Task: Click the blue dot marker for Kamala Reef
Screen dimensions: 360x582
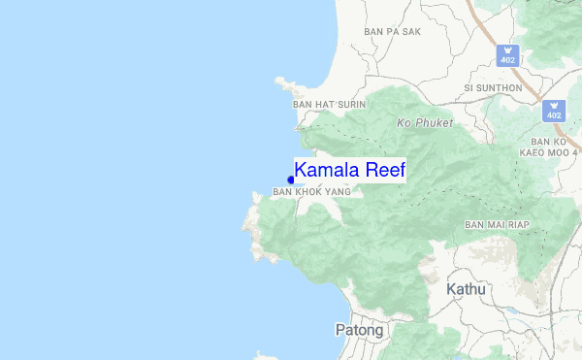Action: click(x=291, y=180)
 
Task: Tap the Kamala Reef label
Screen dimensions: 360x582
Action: click(x=349, y=171)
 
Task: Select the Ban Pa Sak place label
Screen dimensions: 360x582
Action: click(x=392, y=32)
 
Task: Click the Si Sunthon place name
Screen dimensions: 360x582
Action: click(x=493, y=87)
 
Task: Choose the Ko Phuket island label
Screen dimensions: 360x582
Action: click(x=425, y=123)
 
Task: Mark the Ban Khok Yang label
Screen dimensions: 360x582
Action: click(x=310, y=192)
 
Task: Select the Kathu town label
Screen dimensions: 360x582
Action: click(x=466, y=289)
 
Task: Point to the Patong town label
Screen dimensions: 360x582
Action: click(x=358, y=330)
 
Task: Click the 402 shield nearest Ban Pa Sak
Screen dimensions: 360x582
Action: click(x=507, y=55)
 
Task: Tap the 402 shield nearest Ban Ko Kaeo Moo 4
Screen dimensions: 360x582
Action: click(x=555, y=111)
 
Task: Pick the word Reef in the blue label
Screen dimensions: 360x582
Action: click(x=383, y=171)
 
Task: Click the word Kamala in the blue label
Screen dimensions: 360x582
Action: click(x=327, y=171)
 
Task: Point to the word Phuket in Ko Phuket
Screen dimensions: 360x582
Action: click(x=434, y=123)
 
